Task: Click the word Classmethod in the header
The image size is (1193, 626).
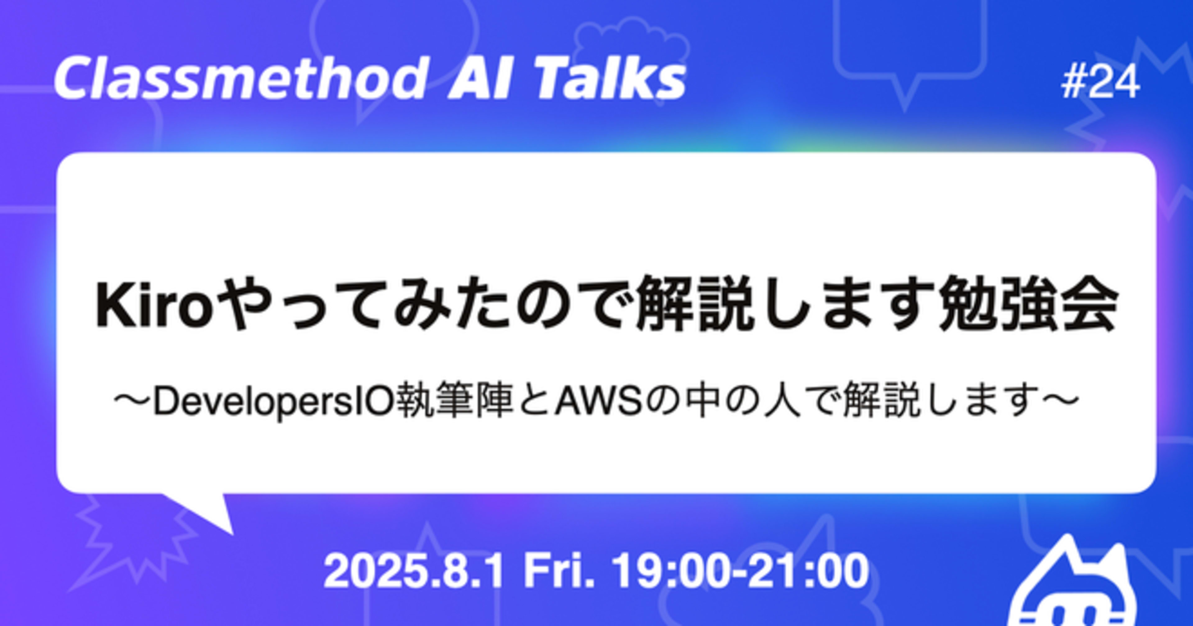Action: tap(240, 78)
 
